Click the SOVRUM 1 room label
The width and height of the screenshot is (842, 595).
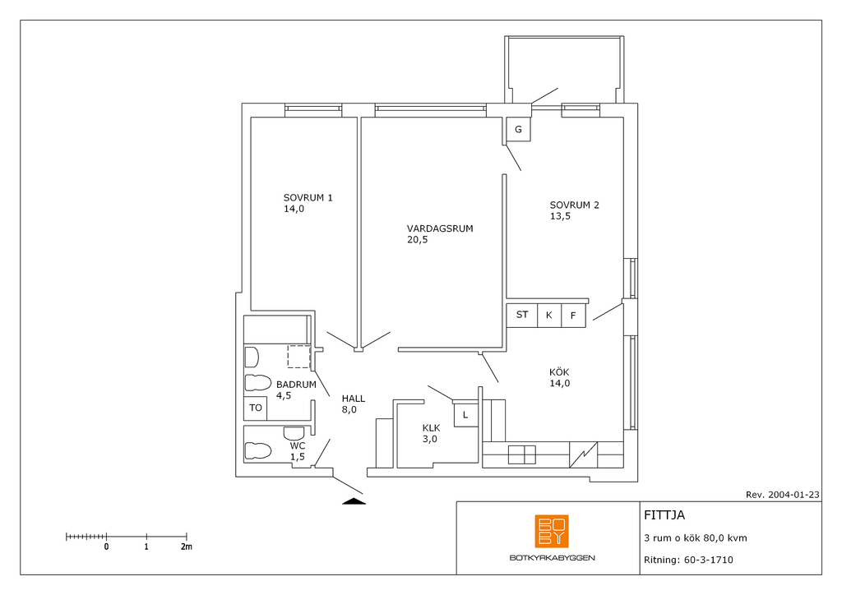(x=308, y=198)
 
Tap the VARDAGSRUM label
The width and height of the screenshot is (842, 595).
(x=440, y=228)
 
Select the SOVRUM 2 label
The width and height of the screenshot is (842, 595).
(x=574, y=205)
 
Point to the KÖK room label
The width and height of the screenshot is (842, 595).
(x=559, y=371)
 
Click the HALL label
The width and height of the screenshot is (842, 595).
(x=354, y=399)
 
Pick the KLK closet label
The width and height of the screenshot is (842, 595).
(x=431, y=428)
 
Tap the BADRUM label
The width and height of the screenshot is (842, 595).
(x=296, y=385)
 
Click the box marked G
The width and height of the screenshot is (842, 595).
(x=518, y=129)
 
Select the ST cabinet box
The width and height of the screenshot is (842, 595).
(x=522, y=315)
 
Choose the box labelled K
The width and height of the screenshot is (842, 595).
(x=548, y=316)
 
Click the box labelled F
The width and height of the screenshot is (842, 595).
(x=573, y=316)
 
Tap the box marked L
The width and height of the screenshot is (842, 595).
(x=465, y=415)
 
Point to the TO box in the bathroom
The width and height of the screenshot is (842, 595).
(x=256, y=408)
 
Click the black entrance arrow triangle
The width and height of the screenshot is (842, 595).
(x=354, y=501)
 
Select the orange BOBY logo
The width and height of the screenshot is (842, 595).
(x=552, y=531)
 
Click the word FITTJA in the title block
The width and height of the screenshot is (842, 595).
(x=664, y=515)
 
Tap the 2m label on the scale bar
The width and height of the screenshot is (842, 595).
(x=186, y=547)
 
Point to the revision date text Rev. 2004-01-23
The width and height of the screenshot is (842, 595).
(x=783, y=495)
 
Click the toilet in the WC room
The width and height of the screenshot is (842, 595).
(x=257, y=450)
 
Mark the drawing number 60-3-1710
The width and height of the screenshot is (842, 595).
(x=708, y=560)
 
